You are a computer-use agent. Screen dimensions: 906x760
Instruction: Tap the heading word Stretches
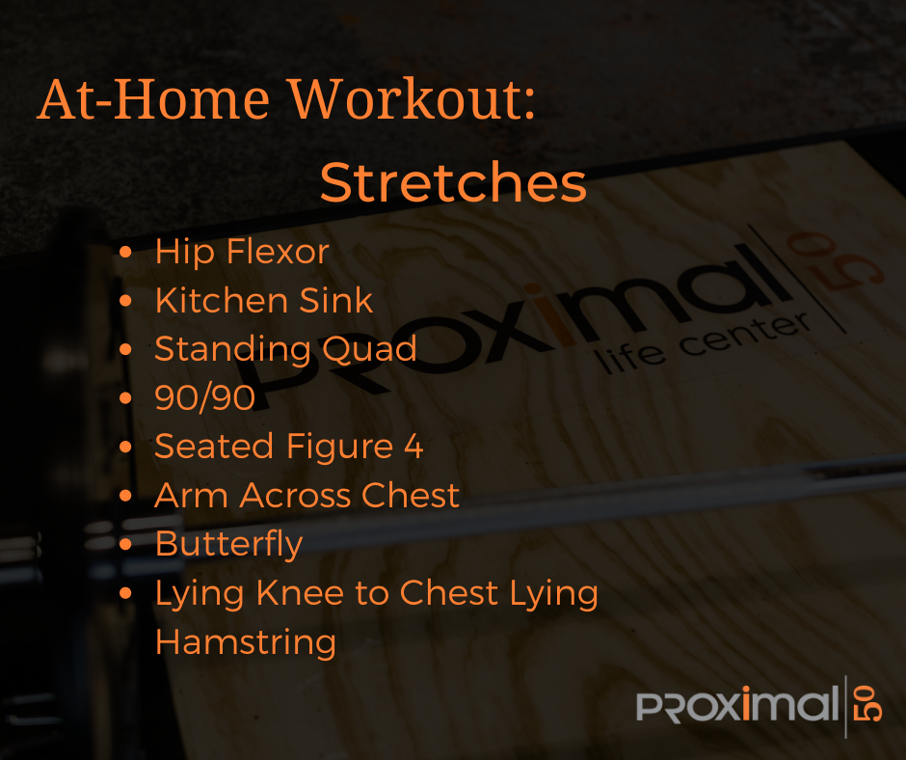[x=454, y=182]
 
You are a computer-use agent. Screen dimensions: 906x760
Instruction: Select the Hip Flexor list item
[x=242, y=253]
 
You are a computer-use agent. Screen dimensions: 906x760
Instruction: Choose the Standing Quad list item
[x=285, y=350]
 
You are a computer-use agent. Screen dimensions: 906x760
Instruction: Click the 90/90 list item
[x=204, y=397]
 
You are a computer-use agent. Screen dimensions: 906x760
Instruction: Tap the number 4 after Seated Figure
[x=413, y=446]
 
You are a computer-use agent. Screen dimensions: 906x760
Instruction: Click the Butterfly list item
[x=228, y=545]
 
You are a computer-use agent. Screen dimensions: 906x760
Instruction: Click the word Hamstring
[x=246, y=643]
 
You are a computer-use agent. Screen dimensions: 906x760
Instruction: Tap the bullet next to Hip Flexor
[x=125, y=252]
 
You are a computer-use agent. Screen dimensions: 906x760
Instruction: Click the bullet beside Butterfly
[x=125, y=544]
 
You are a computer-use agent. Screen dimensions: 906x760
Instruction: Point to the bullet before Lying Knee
[x=125, y=593]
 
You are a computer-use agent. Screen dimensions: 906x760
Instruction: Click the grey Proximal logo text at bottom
[x=737, y=704]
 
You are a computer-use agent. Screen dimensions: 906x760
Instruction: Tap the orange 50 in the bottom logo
[x=869, y=704]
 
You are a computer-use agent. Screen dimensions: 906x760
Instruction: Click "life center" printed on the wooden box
[x=702, y=343]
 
